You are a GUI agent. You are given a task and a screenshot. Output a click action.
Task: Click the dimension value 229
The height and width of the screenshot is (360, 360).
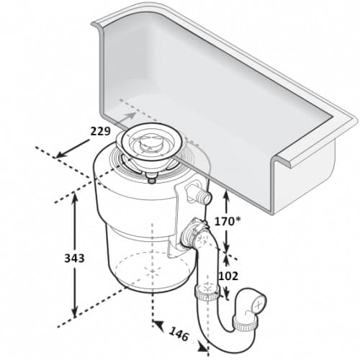[x=100, y=131]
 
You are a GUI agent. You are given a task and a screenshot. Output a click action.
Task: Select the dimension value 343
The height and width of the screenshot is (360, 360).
[x=74, y=258]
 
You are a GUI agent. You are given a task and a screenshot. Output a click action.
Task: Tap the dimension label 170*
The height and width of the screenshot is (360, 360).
[x=228, y=221]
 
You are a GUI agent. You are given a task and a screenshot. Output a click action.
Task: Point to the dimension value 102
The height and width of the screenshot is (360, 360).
[x=228, y=276]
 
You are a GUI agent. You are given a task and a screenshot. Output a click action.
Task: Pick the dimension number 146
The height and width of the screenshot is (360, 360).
[x=179, y=334]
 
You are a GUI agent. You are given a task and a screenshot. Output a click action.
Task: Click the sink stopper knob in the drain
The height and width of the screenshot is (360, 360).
[x=151, y=142]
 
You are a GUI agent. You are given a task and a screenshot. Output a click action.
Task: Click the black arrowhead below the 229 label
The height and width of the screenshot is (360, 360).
[x=60, y=155]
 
